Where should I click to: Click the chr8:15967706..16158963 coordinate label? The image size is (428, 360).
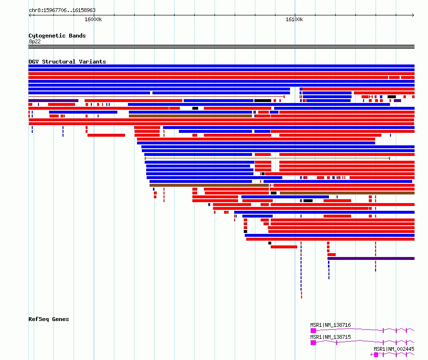[62, 11]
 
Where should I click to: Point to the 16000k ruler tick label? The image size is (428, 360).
[93, 19]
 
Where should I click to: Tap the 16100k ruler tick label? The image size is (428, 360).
[294, 19]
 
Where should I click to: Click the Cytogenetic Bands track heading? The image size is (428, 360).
[57, 36]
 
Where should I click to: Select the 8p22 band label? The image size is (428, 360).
[35, 41]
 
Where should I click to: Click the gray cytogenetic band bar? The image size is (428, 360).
[221, 47]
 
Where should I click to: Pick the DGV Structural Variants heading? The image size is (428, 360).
[67, 62]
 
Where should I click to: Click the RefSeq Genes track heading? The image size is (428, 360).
[49, 319]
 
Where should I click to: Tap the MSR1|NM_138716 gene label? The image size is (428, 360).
[330, 325]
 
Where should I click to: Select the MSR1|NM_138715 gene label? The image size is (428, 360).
[330, 337]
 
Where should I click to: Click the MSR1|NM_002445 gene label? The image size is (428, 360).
[394, 349]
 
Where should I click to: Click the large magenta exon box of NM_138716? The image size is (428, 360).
[314, 331]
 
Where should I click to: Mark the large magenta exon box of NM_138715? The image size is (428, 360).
[314, 343]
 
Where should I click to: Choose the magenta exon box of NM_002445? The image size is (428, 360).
[376, 355]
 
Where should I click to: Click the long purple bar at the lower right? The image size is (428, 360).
[371, 258]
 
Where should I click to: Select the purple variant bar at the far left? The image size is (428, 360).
[53, 101]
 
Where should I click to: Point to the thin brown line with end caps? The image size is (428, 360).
[267, 158]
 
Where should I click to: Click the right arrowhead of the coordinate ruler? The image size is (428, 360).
[413, 15]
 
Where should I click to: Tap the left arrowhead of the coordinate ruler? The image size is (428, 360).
[30, 15]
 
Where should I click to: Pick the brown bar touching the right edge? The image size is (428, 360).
[347, 193]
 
